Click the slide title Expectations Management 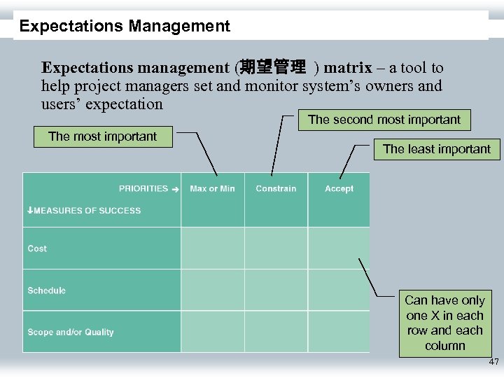click(x=125, y=27)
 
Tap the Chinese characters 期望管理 click(x=272, y=68)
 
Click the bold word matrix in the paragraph click(x=347, y=68)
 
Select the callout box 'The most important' click(x=103, y=136)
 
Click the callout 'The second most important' click(x=384, y=120)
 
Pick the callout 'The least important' click(x=437, y=149)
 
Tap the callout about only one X click(x=444, y=323)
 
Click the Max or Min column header click(x=212, y=188)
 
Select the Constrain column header click(x=276, y=188)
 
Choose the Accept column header click(x=339, y=188)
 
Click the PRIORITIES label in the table click(x=143, y=188)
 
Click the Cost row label click(x=37, y=248)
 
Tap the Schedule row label click(x=46, y=290)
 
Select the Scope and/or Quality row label click(x=70, y=332)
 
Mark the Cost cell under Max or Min click(x=212, y=248)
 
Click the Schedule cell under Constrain click(x=276, y=290)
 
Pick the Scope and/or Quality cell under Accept click(x=339, y=332)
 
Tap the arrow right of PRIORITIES click(x=176, y=189)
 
